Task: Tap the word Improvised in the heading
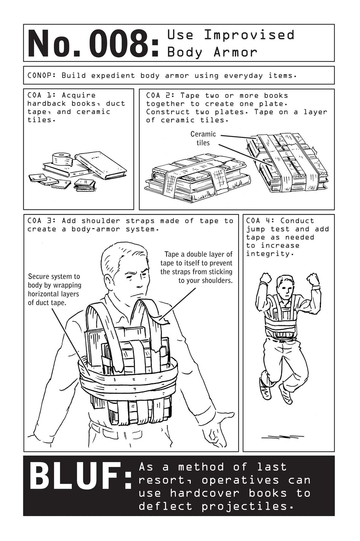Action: point(249,35)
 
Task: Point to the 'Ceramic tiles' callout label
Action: point(203,138)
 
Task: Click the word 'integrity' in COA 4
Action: point(268,254)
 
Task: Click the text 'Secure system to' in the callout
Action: point(54,276)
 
